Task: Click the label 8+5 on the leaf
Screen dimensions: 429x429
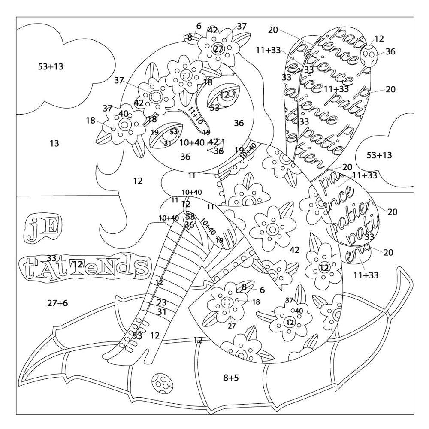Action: point(231,378)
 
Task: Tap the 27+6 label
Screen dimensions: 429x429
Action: point(57,303)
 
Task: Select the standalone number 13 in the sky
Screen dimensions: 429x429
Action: point(54,143)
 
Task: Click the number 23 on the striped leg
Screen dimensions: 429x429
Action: point(161,302)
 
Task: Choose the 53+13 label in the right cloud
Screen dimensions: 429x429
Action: point(379,155)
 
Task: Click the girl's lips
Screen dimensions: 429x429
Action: point(215,145)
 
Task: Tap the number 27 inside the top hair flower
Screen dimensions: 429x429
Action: point(218,48)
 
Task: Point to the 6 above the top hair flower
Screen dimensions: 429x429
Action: point(199,26)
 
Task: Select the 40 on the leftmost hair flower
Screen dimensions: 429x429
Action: point(124,114)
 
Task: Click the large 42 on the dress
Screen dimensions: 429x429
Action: point(294,250)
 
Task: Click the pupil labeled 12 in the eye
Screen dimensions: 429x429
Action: point(224,95)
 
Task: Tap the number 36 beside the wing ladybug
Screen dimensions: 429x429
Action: point(390,51)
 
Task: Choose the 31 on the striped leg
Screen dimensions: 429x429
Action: point(161,312)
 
